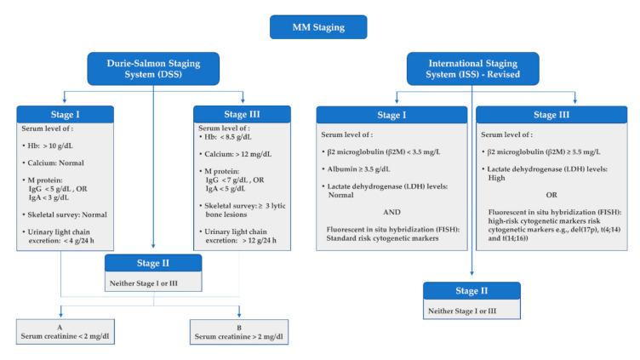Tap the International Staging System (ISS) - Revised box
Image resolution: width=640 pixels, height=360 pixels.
[x=471, y=70]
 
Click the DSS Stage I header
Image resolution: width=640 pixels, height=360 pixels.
[x=63, y=114]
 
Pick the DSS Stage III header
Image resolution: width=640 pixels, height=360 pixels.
[x=235, y=114]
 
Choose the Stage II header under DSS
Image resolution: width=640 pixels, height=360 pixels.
[x=153, y=262]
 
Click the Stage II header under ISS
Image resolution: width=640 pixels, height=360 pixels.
[x=473, y=291]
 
